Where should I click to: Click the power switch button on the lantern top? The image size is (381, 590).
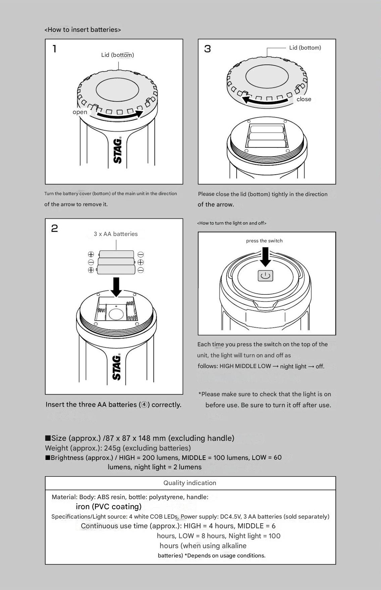[x=265, y=276]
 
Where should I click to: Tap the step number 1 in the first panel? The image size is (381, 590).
[x=54, y=49]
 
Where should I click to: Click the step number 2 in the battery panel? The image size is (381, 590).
[x=54, y=228]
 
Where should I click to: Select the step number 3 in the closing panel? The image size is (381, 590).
[x=207, y=49]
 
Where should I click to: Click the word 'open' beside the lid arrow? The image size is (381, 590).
[x=80, y=112]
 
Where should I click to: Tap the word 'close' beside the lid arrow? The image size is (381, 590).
[x=304, y=99]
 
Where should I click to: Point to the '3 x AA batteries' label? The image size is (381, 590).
[x=115, y=234]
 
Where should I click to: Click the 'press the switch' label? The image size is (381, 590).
[x=264, y=241]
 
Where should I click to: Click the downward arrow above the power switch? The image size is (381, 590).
[x=266, y=257]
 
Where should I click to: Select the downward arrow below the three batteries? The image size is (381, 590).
[x=116, y=287]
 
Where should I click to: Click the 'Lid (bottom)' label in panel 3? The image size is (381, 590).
[x=305, y=48]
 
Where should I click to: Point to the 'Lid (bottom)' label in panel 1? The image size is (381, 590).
[x=117, y=55]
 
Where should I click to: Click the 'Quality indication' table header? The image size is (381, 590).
[x=190, y=483]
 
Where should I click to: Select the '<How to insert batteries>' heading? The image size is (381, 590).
[x=83, y=29]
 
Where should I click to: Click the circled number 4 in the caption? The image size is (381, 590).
[x=144, y=405]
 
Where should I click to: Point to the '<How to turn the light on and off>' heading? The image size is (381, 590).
[x=232, y=223]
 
